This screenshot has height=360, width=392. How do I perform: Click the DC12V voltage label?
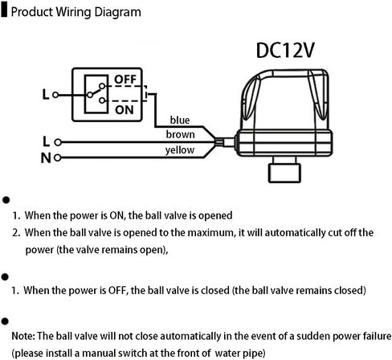[285, 51]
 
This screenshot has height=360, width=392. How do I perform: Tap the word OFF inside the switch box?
[125, 80]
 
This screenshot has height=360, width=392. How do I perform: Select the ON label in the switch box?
[125, 110]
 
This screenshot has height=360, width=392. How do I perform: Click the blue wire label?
[180, 120]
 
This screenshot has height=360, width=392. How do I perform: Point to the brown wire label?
[180, 134]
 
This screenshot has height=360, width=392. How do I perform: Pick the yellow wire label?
[180, 150]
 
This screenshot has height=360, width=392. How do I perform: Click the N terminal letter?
[46, 158]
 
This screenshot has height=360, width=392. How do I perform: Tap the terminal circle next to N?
[58, 158]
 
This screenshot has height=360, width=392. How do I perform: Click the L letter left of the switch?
[46, 95]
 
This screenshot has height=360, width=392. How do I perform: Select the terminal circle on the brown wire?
[58, 142]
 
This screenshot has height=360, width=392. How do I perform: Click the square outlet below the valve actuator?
[284, 174]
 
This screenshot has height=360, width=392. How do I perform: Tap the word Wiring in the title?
[74, 12]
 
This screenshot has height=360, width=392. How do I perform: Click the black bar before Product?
[4, 10]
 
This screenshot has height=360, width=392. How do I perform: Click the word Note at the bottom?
[23, 336]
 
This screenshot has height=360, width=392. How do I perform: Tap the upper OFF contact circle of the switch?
[102, 86]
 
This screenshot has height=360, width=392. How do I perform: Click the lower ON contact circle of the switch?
[102, 100]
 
